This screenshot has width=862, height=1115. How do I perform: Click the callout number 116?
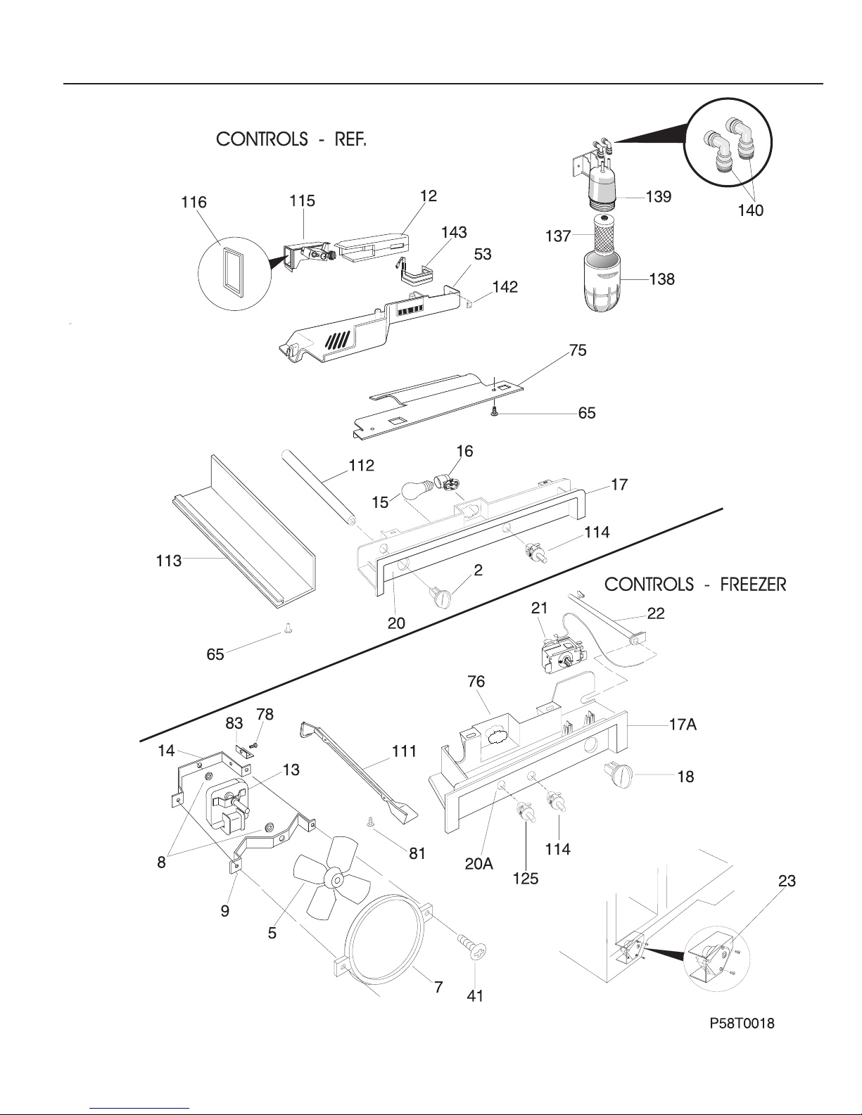pyautogui.click(x=194, y=202)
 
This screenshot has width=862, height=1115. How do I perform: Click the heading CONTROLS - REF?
pyautogui.click(x=291, y=139)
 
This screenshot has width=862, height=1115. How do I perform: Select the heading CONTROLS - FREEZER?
pyautogui.click(x=695, y=585)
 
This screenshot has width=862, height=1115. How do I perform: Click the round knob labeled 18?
pyautogui.click(x=619, y=775)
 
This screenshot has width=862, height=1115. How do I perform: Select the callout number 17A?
pyautogui.click(x=683, y=725)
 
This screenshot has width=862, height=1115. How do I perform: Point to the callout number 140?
pyautogui.click(x=751, y=210)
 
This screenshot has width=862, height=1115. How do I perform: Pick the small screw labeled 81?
pyautogui.click(x=370, y=823)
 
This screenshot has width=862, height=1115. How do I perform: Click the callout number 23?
pyautogui.click(x=787, y=881)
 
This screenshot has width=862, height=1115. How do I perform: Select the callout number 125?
pyautogui.click(x=526, y=879)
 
